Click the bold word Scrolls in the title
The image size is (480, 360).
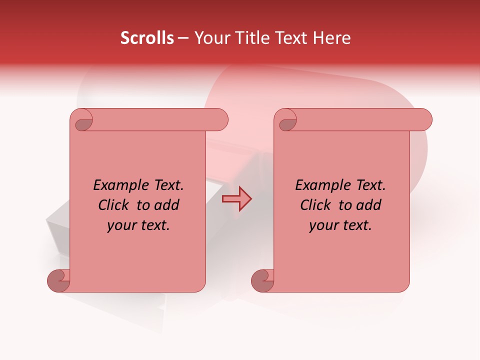click(147, 38)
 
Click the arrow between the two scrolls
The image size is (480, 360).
click(236, 199)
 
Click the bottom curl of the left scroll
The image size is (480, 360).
click(58, 280)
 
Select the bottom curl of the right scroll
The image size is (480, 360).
click(262, 280)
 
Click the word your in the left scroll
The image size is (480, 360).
click(120, 225)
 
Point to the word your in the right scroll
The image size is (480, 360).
click(322, 225)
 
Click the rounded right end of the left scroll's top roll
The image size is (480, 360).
click(219, 120)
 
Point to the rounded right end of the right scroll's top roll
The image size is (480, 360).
click(423, 120)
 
